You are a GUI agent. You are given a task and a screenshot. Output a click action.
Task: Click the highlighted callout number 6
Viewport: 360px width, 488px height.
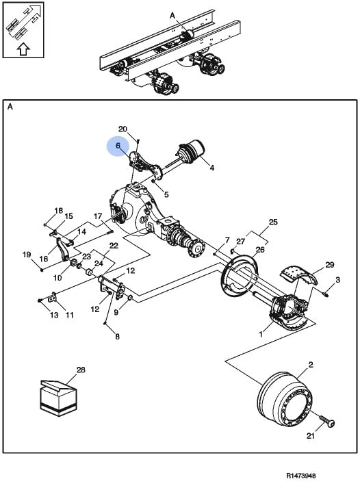(x=118, y=146)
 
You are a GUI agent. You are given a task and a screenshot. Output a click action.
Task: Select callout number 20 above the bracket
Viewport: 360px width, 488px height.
(x=123, y=129)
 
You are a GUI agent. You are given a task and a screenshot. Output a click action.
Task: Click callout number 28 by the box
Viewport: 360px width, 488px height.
(x=81, y=370)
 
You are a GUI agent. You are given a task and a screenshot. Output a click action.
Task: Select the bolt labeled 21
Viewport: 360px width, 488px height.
(x=326, y=420)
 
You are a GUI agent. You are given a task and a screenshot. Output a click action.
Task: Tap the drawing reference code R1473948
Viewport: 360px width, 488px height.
(x=301, y=476)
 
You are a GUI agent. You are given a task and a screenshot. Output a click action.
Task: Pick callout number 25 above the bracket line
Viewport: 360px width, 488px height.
(x=273, y=222)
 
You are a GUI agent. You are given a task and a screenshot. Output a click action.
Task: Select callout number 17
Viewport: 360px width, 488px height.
(x=98, y=216)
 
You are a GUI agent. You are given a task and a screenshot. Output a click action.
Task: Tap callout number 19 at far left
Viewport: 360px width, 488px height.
(x=27, y=255)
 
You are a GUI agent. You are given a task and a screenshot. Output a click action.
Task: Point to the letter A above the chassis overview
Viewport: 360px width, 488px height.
(x=172, y=16)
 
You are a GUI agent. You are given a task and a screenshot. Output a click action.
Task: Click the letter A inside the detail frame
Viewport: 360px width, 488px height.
(x=10, y=107)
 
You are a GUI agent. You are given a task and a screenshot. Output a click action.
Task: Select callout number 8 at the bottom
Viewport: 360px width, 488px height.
(x=117, y=337)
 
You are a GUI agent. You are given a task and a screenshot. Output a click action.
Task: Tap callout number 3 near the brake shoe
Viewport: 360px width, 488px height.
(x=338, y=280)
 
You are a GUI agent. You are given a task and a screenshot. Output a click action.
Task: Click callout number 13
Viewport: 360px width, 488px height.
(x=54, y=315)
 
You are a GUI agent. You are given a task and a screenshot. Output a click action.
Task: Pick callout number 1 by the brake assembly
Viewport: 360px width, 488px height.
(x=261, y=335)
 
